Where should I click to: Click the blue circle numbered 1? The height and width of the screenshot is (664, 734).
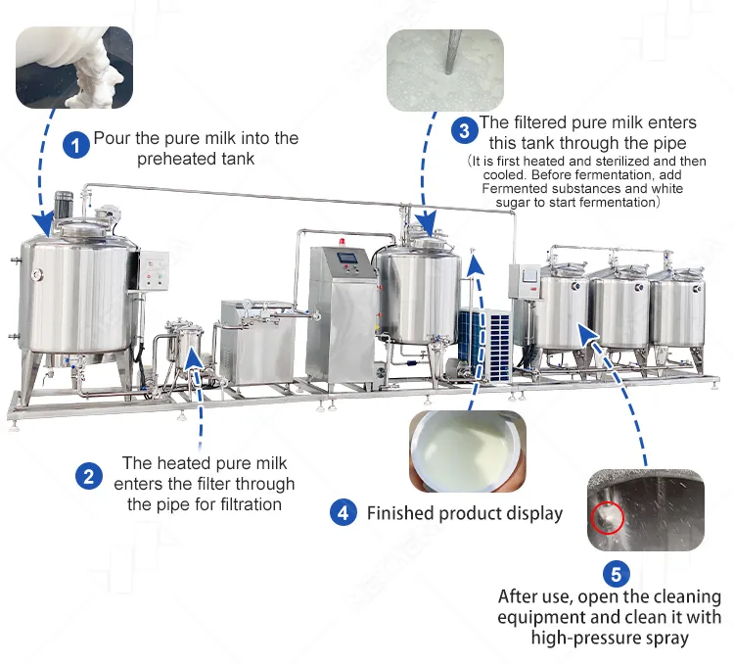click(x=76, y=145)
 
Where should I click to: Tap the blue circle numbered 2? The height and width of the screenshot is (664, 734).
click(x=89, y=477)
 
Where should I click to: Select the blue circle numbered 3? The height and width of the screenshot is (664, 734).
click(x=464, y=130)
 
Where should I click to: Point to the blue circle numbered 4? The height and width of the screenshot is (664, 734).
click(x=344, y=512)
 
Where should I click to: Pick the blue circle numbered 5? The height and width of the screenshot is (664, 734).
click(x=616, y=574)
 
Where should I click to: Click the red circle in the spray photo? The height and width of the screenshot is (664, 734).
click(x=608, y=518)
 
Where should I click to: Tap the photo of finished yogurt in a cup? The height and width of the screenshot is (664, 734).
click(x=468, y=451)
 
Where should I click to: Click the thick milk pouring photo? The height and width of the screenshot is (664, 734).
click(x=74, y=68)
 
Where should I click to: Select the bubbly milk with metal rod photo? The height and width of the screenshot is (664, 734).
click(x=445, y=71)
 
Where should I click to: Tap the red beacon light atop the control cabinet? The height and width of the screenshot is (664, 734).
click(x=343, y=242)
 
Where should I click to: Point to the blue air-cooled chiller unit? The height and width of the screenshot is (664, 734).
click(x=485, y=344)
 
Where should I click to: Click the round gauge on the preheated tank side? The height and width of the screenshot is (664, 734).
click(x=37, y=274)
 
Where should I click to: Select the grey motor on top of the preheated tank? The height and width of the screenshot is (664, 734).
click(x=64, y=205)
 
